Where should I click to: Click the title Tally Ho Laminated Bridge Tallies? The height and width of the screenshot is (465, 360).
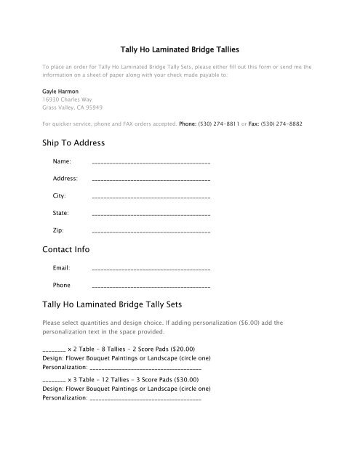tap(180, 46)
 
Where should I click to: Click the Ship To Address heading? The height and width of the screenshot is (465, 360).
tap(74, 142)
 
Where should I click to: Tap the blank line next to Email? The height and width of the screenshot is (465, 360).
tap(151, 270)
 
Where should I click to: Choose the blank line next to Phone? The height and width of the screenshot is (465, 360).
tap(151, 286)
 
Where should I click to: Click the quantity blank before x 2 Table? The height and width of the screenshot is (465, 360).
tap(54, 349)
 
